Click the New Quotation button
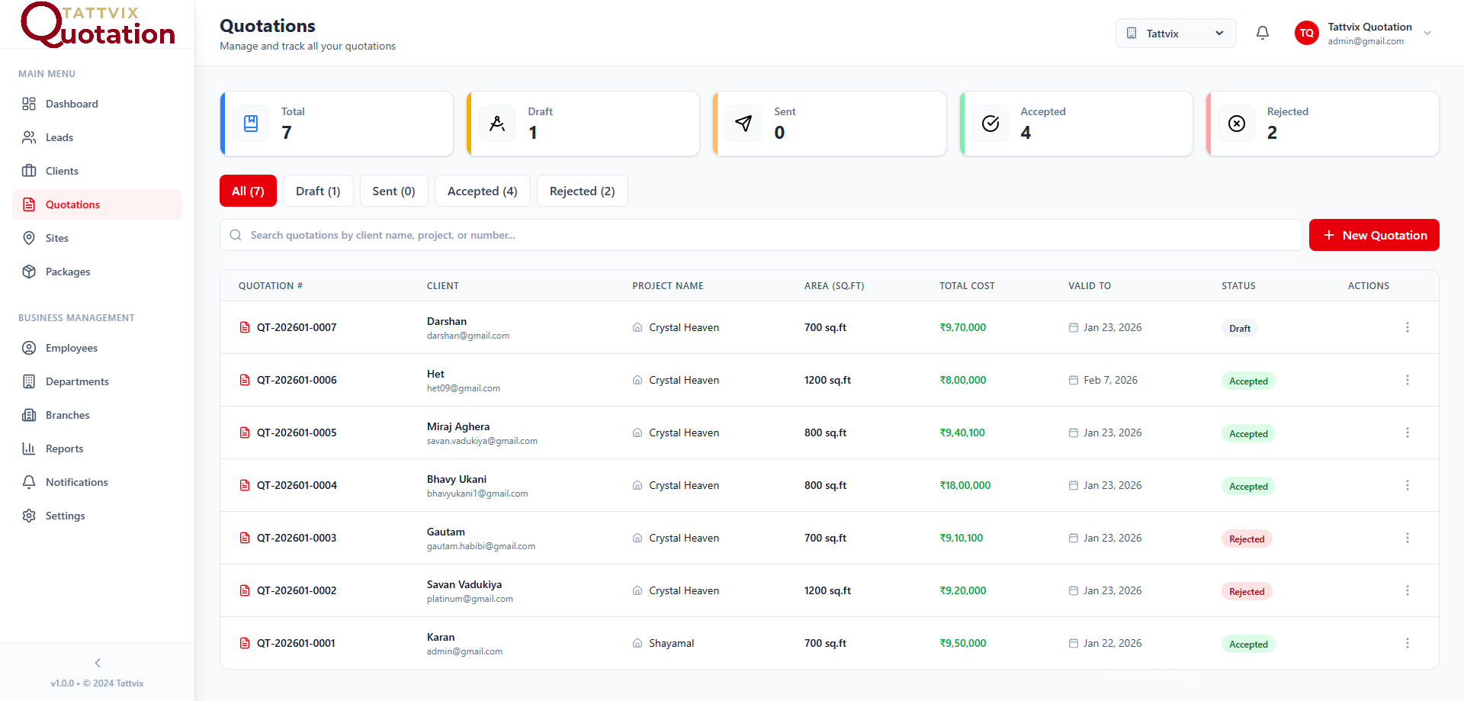point(1374,235)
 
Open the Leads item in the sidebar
point(59,137)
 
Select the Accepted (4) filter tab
point(482,191)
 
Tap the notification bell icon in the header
point(1263,33)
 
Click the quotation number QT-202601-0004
point(297,485)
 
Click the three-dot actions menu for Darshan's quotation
point(1408,327)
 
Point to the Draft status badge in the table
point(1240,328)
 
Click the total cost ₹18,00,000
point(965,485)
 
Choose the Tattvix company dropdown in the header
point(1175,33)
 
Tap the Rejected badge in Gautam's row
point(1247,539)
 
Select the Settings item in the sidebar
point(66,516)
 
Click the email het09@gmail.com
point(464,388)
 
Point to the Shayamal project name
point(672,643)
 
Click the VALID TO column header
point(1090,286)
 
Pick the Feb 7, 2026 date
point(1110,380)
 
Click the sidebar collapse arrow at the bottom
point(98,663)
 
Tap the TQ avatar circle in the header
point(1307,33)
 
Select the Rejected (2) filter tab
point(582,191)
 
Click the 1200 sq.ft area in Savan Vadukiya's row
point(827,590)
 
